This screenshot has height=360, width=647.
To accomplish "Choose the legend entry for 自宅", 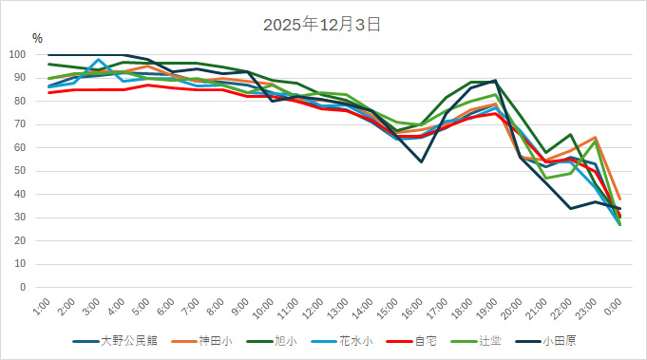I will point(425,339).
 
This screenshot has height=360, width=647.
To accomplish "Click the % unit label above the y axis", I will point(37,39).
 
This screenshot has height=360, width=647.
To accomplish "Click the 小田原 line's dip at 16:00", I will point(421,161).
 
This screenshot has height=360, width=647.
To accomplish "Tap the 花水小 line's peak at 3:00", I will point(99,60).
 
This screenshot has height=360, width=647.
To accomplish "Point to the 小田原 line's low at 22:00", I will point(570,208).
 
